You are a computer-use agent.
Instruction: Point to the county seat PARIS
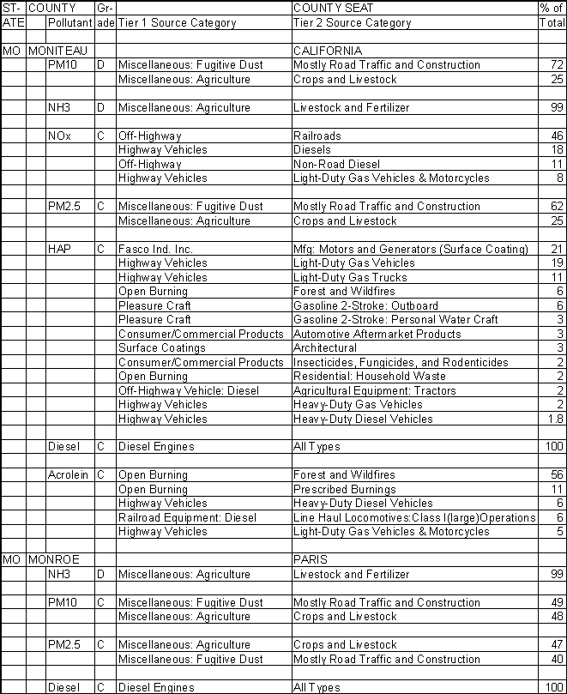click(308, 560)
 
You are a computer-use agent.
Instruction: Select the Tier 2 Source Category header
click(351, 22)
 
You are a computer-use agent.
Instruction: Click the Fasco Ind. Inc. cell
click(155, 249)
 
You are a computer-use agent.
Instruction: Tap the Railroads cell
click(317, 136)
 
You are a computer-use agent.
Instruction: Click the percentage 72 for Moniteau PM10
click(558, 65)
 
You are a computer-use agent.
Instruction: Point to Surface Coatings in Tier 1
click(161, 348)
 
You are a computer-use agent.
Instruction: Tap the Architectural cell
click(324, 348)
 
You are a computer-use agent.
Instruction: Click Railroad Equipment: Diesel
click(187, 517)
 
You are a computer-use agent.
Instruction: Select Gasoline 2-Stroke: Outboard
click(365, 305)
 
